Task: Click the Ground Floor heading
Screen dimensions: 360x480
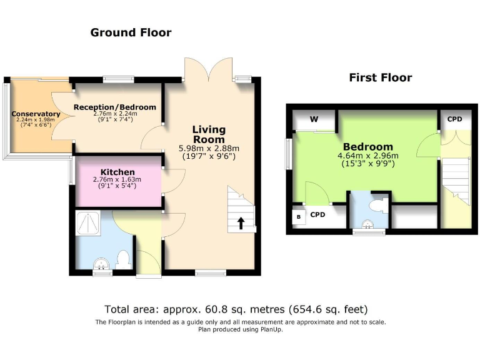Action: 131,32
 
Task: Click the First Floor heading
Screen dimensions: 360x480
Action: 380,77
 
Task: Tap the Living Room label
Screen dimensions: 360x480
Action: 209,134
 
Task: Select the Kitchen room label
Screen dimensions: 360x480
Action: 117,172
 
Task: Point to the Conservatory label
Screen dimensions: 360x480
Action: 36,114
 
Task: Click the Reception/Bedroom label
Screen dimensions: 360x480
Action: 115,107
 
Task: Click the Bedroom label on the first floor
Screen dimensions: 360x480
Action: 367,147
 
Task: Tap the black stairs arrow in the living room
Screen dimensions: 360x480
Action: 241,224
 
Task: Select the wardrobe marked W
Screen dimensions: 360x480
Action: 314,119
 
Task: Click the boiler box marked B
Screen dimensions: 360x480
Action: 299,217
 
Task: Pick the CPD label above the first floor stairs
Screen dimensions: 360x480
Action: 454,119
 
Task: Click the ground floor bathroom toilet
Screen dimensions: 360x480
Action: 123,259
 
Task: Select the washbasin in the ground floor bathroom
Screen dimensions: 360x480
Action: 100,266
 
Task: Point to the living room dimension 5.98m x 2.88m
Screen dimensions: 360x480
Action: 209,149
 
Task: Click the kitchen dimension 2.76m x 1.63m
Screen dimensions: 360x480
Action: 117,179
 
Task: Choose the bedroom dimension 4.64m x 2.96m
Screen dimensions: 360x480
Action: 367,156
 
